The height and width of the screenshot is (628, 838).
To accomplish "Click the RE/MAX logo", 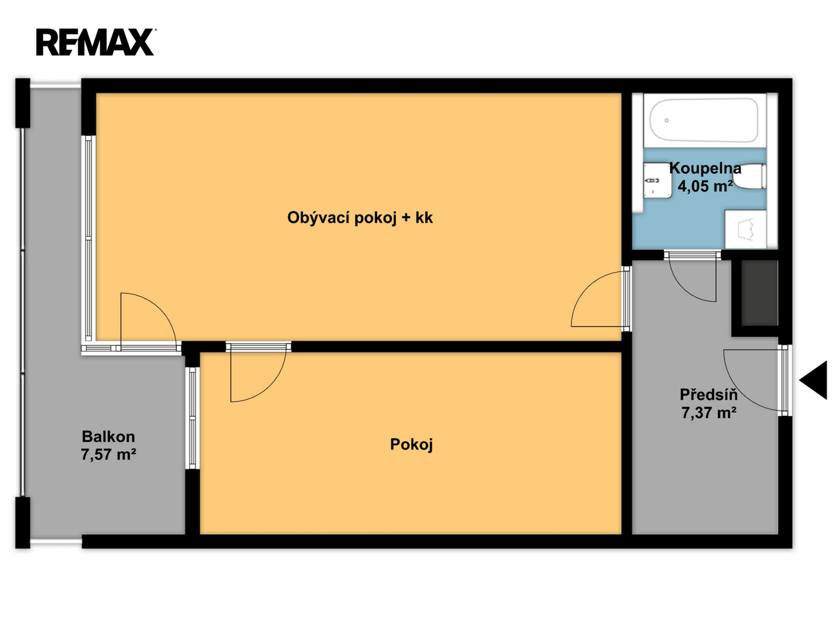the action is click(x=95, y=42).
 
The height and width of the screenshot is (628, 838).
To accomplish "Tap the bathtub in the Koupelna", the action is click(x=704, y=120).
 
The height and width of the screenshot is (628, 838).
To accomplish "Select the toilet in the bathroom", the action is click(x=750, y=176).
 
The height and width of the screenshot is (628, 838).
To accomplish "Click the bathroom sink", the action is click(x=658, y=180).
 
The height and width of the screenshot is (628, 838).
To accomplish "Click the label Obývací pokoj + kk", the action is click(x=360, y=217).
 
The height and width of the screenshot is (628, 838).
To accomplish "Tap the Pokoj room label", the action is click(x=411, y=444).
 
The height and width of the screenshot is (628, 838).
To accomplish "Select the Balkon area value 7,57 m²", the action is click(x=108, y=455).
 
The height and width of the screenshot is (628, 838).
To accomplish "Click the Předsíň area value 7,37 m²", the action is click(x=709, y=413).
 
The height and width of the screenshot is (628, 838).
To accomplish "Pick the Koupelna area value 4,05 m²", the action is click(x=705, y=185).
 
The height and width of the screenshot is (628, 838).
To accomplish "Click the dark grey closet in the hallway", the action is click(x=759, y=293).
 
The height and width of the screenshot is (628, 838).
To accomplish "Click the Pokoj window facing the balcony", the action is click(x=192, y=418).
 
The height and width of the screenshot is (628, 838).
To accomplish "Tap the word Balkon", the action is click(x=108, y=436).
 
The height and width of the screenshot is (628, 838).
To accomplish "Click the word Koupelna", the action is click(x=705, y=168).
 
